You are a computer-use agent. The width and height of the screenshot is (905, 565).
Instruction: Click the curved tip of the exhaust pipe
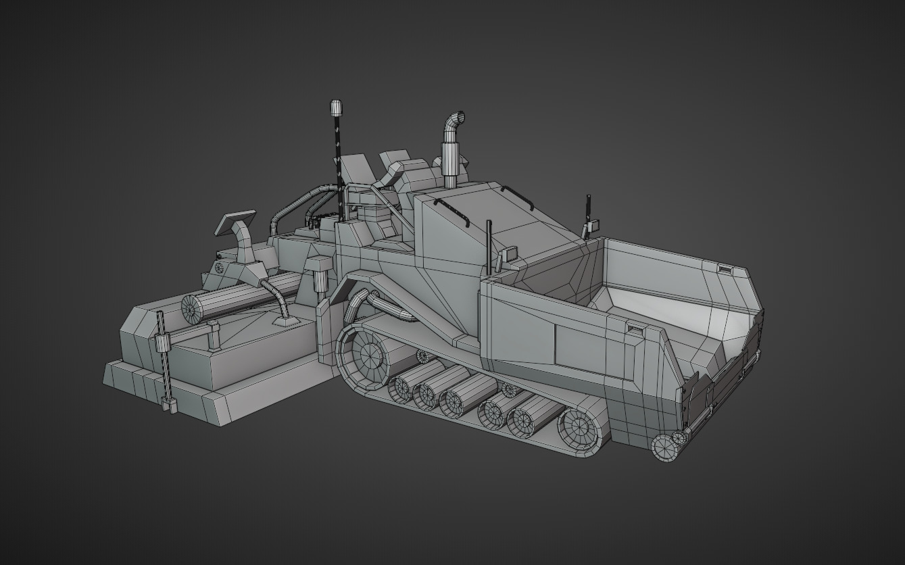(x=456, y=119)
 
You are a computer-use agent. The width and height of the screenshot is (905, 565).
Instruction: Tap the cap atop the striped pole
(x=336, y=107)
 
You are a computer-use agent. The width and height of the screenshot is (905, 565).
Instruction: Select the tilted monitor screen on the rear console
(x=234, y=222)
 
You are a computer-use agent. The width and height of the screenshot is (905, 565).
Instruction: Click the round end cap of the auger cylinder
(x=193, y=308)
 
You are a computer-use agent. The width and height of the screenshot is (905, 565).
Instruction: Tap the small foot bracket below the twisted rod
(x=169, y=407)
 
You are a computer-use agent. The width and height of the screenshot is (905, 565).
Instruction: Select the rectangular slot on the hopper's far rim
(x=725, y=270)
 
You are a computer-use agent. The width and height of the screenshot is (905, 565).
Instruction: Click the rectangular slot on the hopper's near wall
(x=635, y=329)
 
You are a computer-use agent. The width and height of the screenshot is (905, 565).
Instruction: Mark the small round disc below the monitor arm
(x=219, y=268)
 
